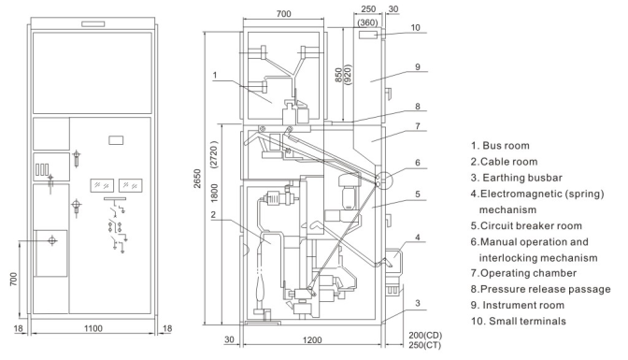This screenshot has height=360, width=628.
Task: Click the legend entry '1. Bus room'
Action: tap(500, 146)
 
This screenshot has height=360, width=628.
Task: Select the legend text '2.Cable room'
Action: tap(504, 162)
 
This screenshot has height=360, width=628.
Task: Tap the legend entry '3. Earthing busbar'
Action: tap(517, 178)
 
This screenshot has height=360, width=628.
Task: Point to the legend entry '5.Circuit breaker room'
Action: tap(526, 225)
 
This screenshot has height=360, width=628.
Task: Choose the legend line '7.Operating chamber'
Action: tap(523, 273)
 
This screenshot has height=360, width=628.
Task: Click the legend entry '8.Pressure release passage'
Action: tap(541, 289)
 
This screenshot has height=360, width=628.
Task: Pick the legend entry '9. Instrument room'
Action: tap(518, 305)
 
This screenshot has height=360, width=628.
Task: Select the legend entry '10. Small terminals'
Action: tap(519, 321)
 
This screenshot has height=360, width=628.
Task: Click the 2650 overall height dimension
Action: tap(197, 179)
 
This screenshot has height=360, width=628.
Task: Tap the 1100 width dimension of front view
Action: tap(93, 328)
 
